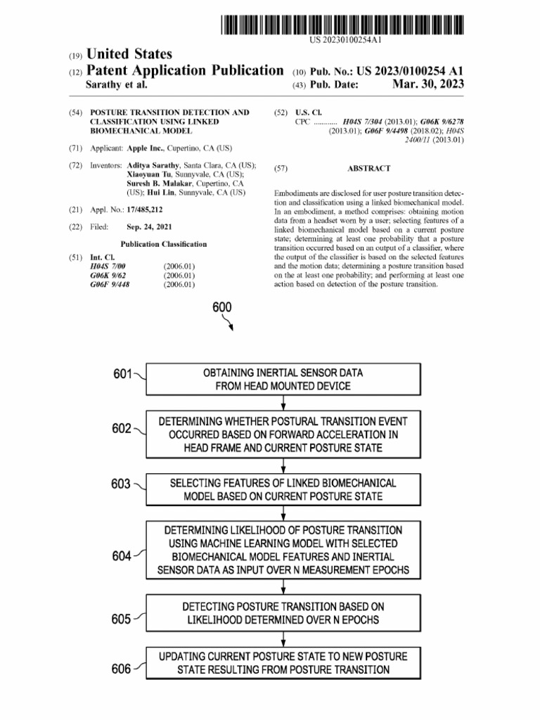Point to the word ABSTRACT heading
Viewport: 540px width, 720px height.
point(368,169)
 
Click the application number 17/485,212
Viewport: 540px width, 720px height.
point(145,210)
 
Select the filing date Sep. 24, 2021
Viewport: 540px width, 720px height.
point(149,227)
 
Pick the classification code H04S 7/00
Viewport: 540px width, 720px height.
point(108,267)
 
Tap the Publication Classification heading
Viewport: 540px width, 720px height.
point(164,244)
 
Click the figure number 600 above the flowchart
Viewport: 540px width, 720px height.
point(221,307)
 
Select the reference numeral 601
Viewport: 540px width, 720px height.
point(122,373)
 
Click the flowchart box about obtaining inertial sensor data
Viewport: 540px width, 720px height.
point(283,379)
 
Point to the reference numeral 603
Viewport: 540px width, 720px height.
point(121,484)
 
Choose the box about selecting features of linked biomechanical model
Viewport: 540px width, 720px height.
point(283,489)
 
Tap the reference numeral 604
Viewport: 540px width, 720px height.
point(121,556)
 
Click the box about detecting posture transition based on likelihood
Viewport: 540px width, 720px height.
point(283,612)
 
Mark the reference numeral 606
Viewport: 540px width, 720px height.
point(121,669)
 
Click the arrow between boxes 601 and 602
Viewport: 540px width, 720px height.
point(283,403)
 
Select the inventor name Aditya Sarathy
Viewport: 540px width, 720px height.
point(153,165)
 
